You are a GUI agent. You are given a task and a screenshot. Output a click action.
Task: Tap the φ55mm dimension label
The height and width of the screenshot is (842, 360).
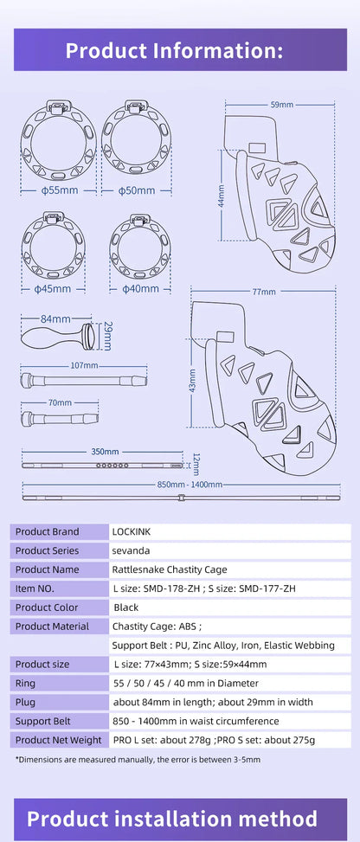click(x=56, y=190)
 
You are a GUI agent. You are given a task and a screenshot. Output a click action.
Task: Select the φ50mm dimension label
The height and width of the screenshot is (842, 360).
click(x=136, y=190)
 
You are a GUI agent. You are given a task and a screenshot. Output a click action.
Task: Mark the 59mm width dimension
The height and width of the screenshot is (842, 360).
click(x=281, y=105)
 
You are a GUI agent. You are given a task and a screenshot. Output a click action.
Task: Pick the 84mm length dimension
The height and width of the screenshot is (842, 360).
click(x=55, y=319)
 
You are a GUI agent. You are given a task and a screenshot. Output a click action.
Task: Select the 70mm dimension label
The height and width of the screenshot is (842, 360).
click(x=60, y=402)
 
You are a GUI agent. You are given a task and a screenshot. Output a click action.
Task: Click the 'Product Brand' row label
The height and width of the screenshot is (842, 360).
click(x=47, y=531)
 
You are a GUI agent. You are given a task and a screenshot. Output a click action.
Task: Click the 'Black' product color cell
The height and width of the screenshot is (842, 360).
click(x=126, y=607)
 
